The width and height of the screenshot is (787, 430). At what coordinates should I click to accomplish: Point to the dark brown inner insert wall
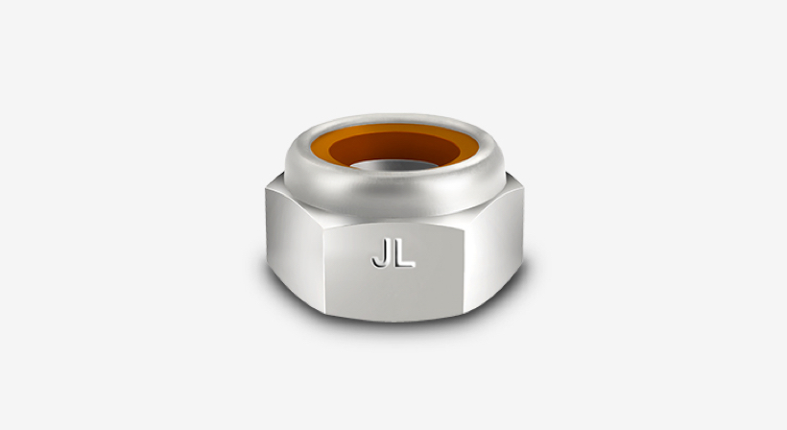(x=394, y=147)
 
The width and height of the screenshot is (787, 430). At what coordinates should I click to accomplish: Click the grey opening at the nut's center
(x=394, y=165)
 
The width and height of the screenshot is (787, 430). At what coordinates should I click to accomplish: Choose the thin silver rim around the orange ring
(x=394, y=118)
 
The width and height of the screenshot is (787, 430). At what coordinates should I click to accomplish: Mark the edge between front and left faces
(x=323, y=271)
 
